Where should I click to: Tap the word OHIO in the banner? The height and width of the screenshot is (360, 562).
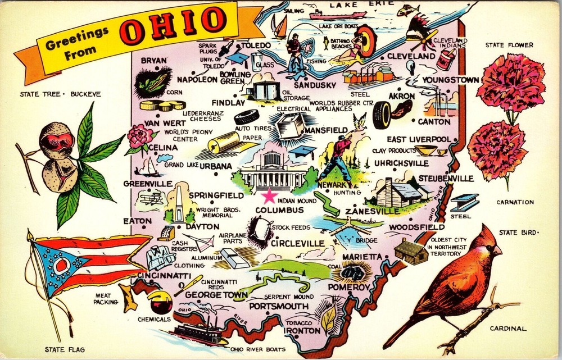[x=172, y=26]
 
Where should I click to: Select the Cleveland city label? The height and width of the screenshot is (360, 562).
[x=410, y=56]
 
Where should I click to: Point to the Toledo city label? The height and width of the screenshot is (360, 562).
[x=256, y=45]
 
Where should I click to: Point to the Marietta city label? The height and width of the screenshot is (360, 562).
[x=360, y=257]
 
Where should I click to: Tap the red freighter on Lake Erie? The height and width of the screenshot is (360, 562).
[x=338, y=14]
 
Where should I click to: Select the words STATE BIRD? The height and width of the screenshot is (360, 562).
[x=518, y=232]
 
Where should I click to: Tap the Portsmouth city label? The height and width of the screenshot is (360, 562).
[x=279, y=306]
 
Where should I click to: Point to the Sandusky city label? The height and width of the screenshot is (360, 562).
[x=315, y=85]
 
